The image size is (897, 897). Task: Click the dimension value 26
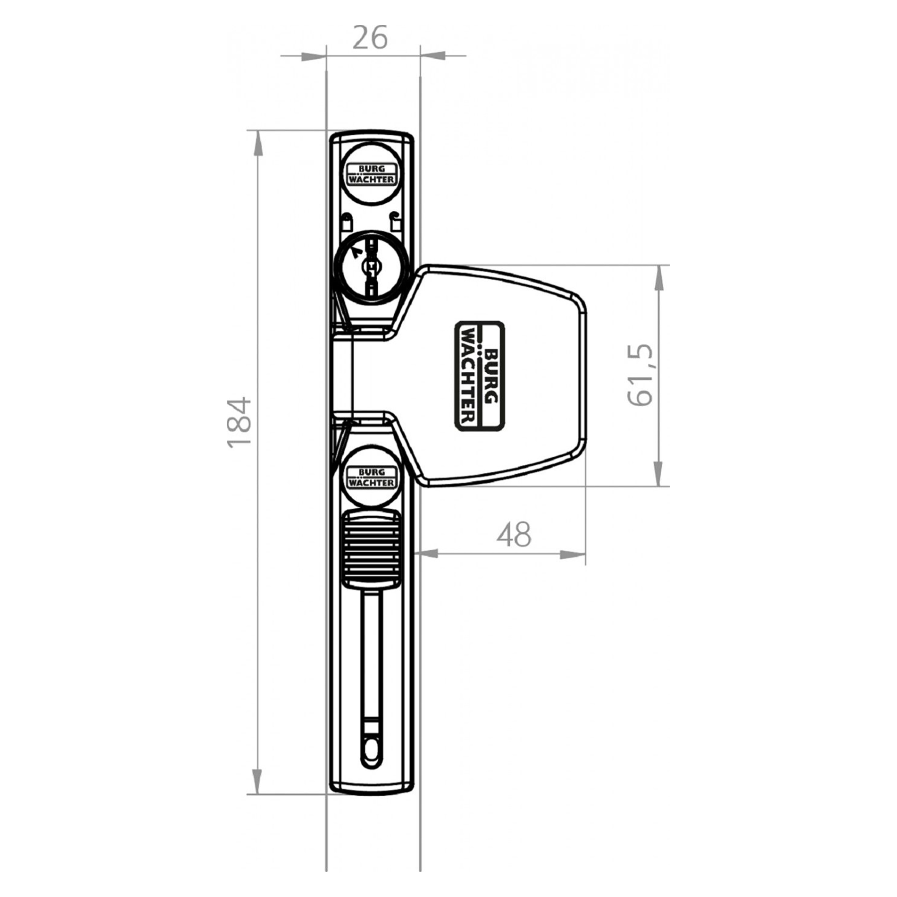[x=370, y=38]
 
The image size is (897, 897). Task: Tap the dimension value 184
[x=239, y=422]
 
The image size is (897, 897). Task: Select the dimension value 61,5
[x=640, y=375]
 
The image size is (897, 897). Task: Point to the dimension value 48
[x=514, y=535]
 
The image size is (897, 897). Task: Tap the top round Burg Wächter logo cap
[x=371, y=174]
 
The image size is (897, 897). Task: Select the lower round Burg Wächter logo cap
[x=371, y=477]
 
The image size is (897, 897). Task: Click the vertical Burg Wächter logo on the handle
[x=479, y=376]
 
